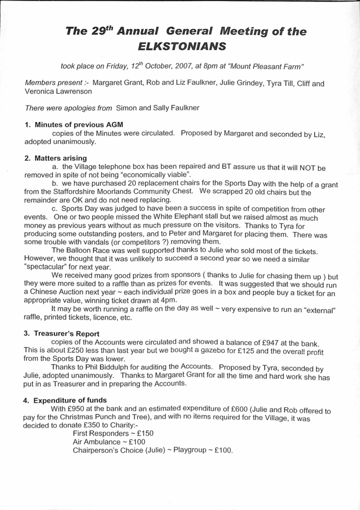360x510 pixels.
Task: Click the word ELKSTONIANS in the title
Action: click(183, 46)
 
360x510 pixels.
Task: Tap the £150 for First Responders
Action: click(142, 433)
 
